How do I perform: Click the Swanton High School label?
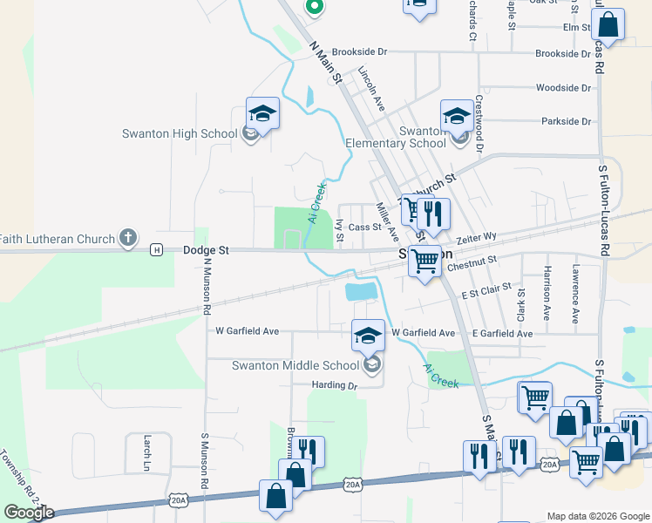pyautogui.click(x=181, y=133)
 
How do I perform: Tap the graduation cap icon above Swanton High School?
pyautogui.click(x=261, y=113)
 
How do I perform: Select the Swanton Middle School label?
pyautogui.click(x=295, y=365)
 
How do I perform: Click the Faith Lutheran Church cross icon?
pyautogui.click(x=128, y=237)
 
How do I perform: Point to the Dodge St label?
pyautogui.click(x=207, y=250)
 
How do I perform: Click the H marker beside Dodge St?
pyautogui.click(x=156, y=250)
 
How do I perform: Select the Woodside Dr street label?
pyautogui.click(x=563, y=88)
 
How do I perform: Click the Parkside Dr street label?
pyautogui.click(x=566, y=122)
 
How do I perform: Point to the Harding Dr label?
pyautogui.click(x=335, y=385)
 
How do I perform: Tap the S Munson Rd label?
pyautogui.click(x=205, y=460)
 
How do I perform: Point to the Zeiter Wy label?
pyautogui.click(x=476, y=237)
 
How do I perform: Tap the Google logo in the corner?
pyautogui.click(x=29, y=513)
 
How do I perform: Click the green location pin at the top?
pyautogui.click(x=315, y=7)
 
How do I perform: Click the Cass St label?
pyautogui.click(x=364, y=228)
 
